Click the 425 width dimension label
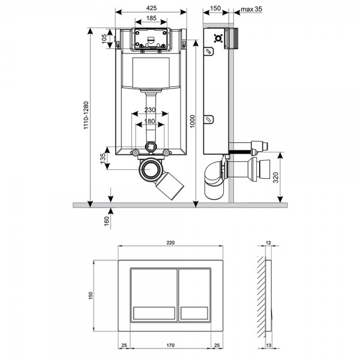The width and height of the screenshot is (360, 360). tap(152, 8)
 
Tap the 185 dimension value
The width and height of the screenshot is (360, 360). tap(151, 18)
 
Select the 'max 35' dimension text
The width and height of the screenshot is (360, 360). tap(251, 9)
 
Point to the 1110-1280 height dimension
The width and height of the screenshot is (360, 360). tap(86, 115)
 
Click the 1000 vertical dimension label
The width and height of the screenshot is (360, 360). tap(193, 121)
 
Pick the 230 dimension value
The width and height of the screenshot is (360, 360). tap(150, 110)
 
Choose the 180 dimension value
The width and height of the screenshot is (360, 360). tap(149, 121)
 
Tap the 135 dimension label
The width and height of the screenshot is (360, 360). tap(103, 158)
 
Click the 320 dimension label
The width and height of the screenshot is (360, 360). tap(276, 177)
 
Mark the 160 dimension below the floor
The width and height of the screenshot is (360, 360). tap(107, 221)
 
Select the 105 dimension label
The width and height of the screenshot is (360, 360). tap(104, 39)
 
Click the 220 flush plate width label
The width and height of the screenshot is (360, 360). tap(170, 242)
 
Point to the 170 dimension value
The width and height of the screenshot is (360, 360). tap(170, 345)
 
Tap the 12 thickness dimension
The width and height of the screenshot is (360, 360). tap(268, 242)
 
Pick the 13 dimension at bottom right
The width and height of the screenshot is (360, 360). tap(268, 345)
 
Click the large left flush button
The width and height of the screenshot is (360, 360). tap(154, 295)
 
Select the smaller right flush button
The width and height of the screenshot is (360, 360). tap(194, 295)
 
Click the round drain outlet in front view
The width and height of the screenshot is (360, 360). tap(151, 170)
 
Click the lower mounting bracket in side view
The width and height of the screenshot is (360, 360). tap(209, 119)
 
